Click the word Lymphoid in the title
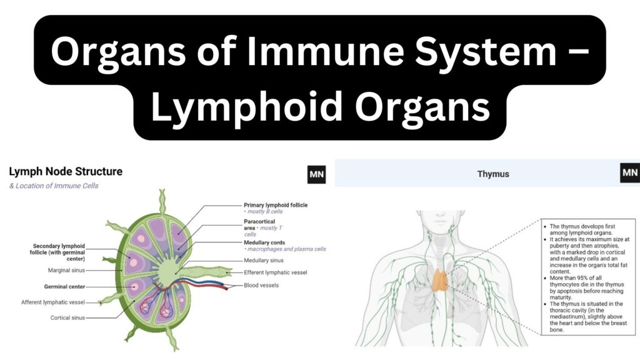(247, 107)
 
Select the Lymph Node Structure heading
(66, 171)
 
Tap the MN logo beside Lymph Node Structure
(316, 175)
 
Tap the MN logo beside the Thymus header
(630, 172)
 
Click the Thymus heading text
(493, 174)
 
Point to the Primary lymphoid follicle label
(276, 205)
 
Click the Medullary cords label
(264, 242)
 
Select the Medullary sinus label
(263, 261)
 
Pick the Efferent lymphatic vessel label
(275, 272)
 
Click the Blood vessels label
(261, 285)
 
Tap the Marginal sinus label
(66, 270)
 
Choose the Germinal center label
(64, 286)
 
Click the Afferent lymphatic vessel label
(53, 302)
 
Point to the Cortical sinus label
(67, 317)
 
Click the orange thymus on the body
(440, 280)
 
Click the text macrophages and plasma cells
(286, 249)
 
